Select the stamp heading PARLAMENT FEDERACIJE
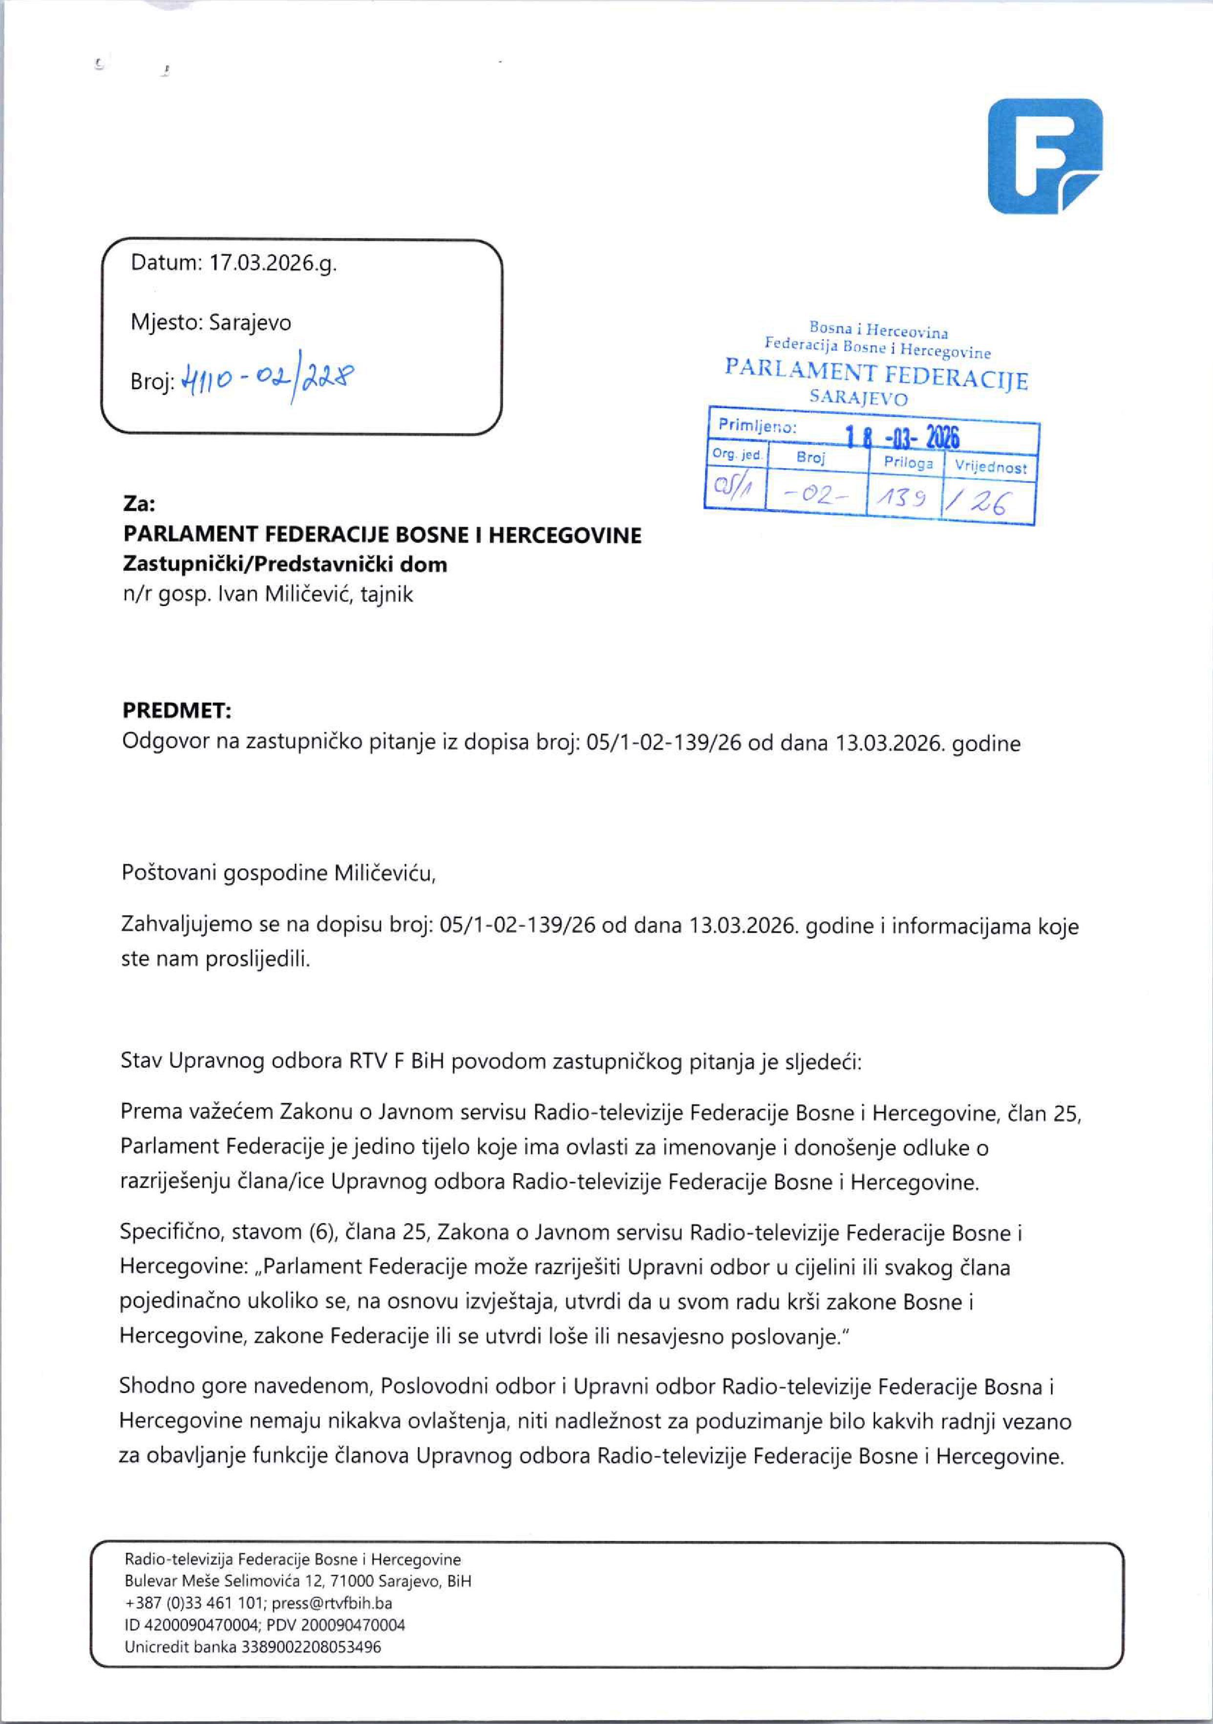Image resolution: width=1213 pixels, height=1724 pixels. point(876,374)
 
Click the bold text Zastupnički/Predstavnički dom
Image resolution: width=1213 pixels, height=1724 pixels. point(285,565)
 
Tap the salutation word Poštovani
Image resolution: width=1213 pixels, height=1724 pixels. point(170,873)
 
